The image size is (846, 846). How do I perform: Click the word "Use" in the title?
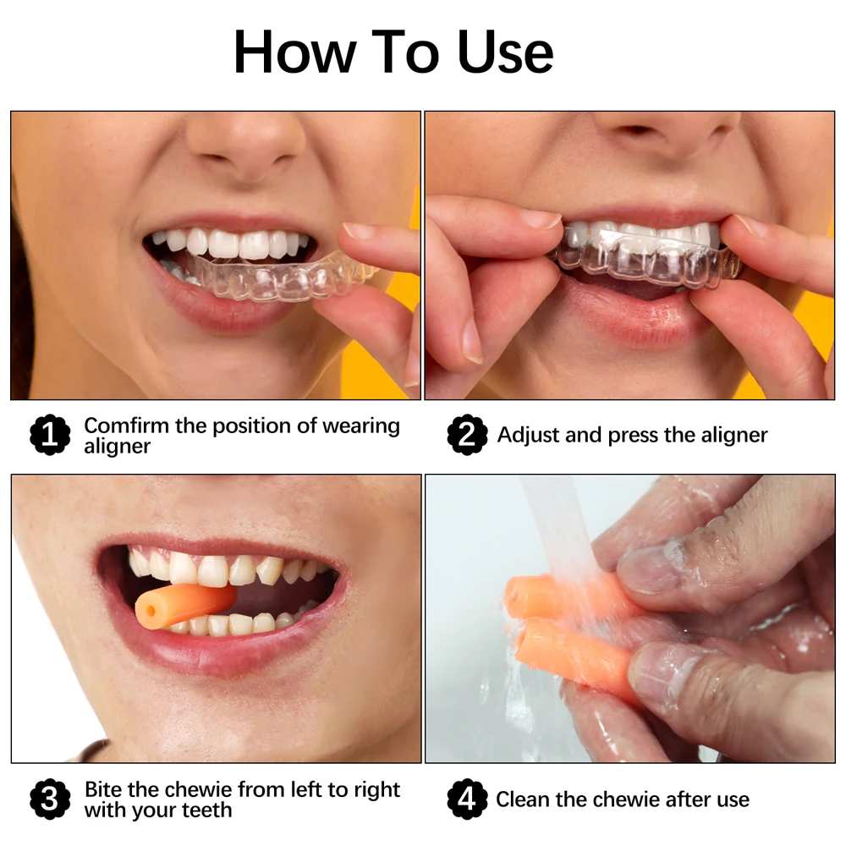click(x=505, y=52)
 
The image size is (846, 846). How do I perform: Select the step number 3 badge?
click(x=50, y=799)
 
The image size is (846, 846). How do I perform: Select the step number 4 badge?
click(x=467, y=799)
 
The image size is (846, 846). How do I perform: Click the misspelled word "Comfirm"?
click(x=126, y=426)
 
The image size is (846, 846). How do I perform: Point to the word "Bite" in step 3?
click(x=103, y=790)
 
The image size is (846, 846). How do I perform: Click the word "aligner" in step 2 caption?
click(x=728, y=436)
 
